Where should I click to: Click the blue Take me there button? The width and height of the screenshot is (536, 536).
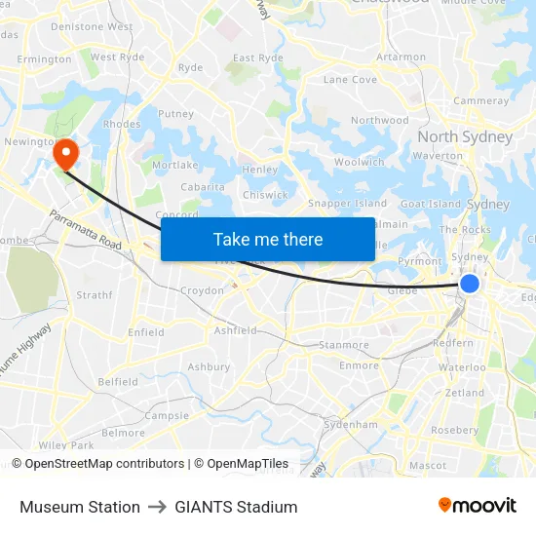click(268, 239)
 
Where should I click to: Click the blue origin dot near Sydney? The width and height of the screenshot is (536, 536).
click(469, 284)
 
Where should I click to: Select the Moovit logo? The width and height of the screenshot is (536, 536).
click(478, 505)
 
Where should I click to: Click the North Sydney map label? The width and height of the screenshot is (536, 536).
click(465, 136)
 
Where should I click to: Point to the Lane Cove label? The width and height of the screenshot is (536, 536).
click(350, 80)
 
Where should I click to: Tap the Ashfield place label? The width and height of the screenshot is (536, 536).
click(236, 330)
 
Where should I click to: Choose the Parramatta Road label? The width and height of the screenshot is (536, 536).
click(85, 230)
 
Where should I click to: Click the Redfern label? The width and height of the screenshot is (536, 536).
click(453, 344)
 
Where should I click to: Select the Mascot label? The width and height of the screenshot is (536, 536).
click(428, 466)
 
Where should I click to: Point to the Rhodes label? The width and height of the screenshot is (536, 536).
click(122, 125)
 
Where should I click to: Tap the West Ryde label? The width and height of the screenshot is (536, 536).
click(117, 57)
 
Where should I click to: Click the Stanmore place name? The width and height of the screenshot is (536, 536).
click(344, 345)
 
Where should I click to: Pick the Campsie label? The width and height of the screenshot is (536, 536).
click(167, 415)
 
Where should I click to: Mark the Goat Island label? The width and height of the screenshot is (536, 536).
click(430, 204)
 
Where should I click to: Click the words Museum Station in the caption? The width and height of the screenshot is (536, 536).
click(80, 507)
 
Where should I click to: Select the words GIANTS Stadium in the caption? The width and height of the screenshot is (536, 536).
click(236, 507)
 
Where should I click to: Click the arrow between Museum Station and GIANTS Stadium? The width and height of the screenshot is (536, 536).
click(158, 507)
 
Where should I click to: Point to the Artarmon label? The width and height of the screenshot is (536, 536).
click(401, 57)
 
